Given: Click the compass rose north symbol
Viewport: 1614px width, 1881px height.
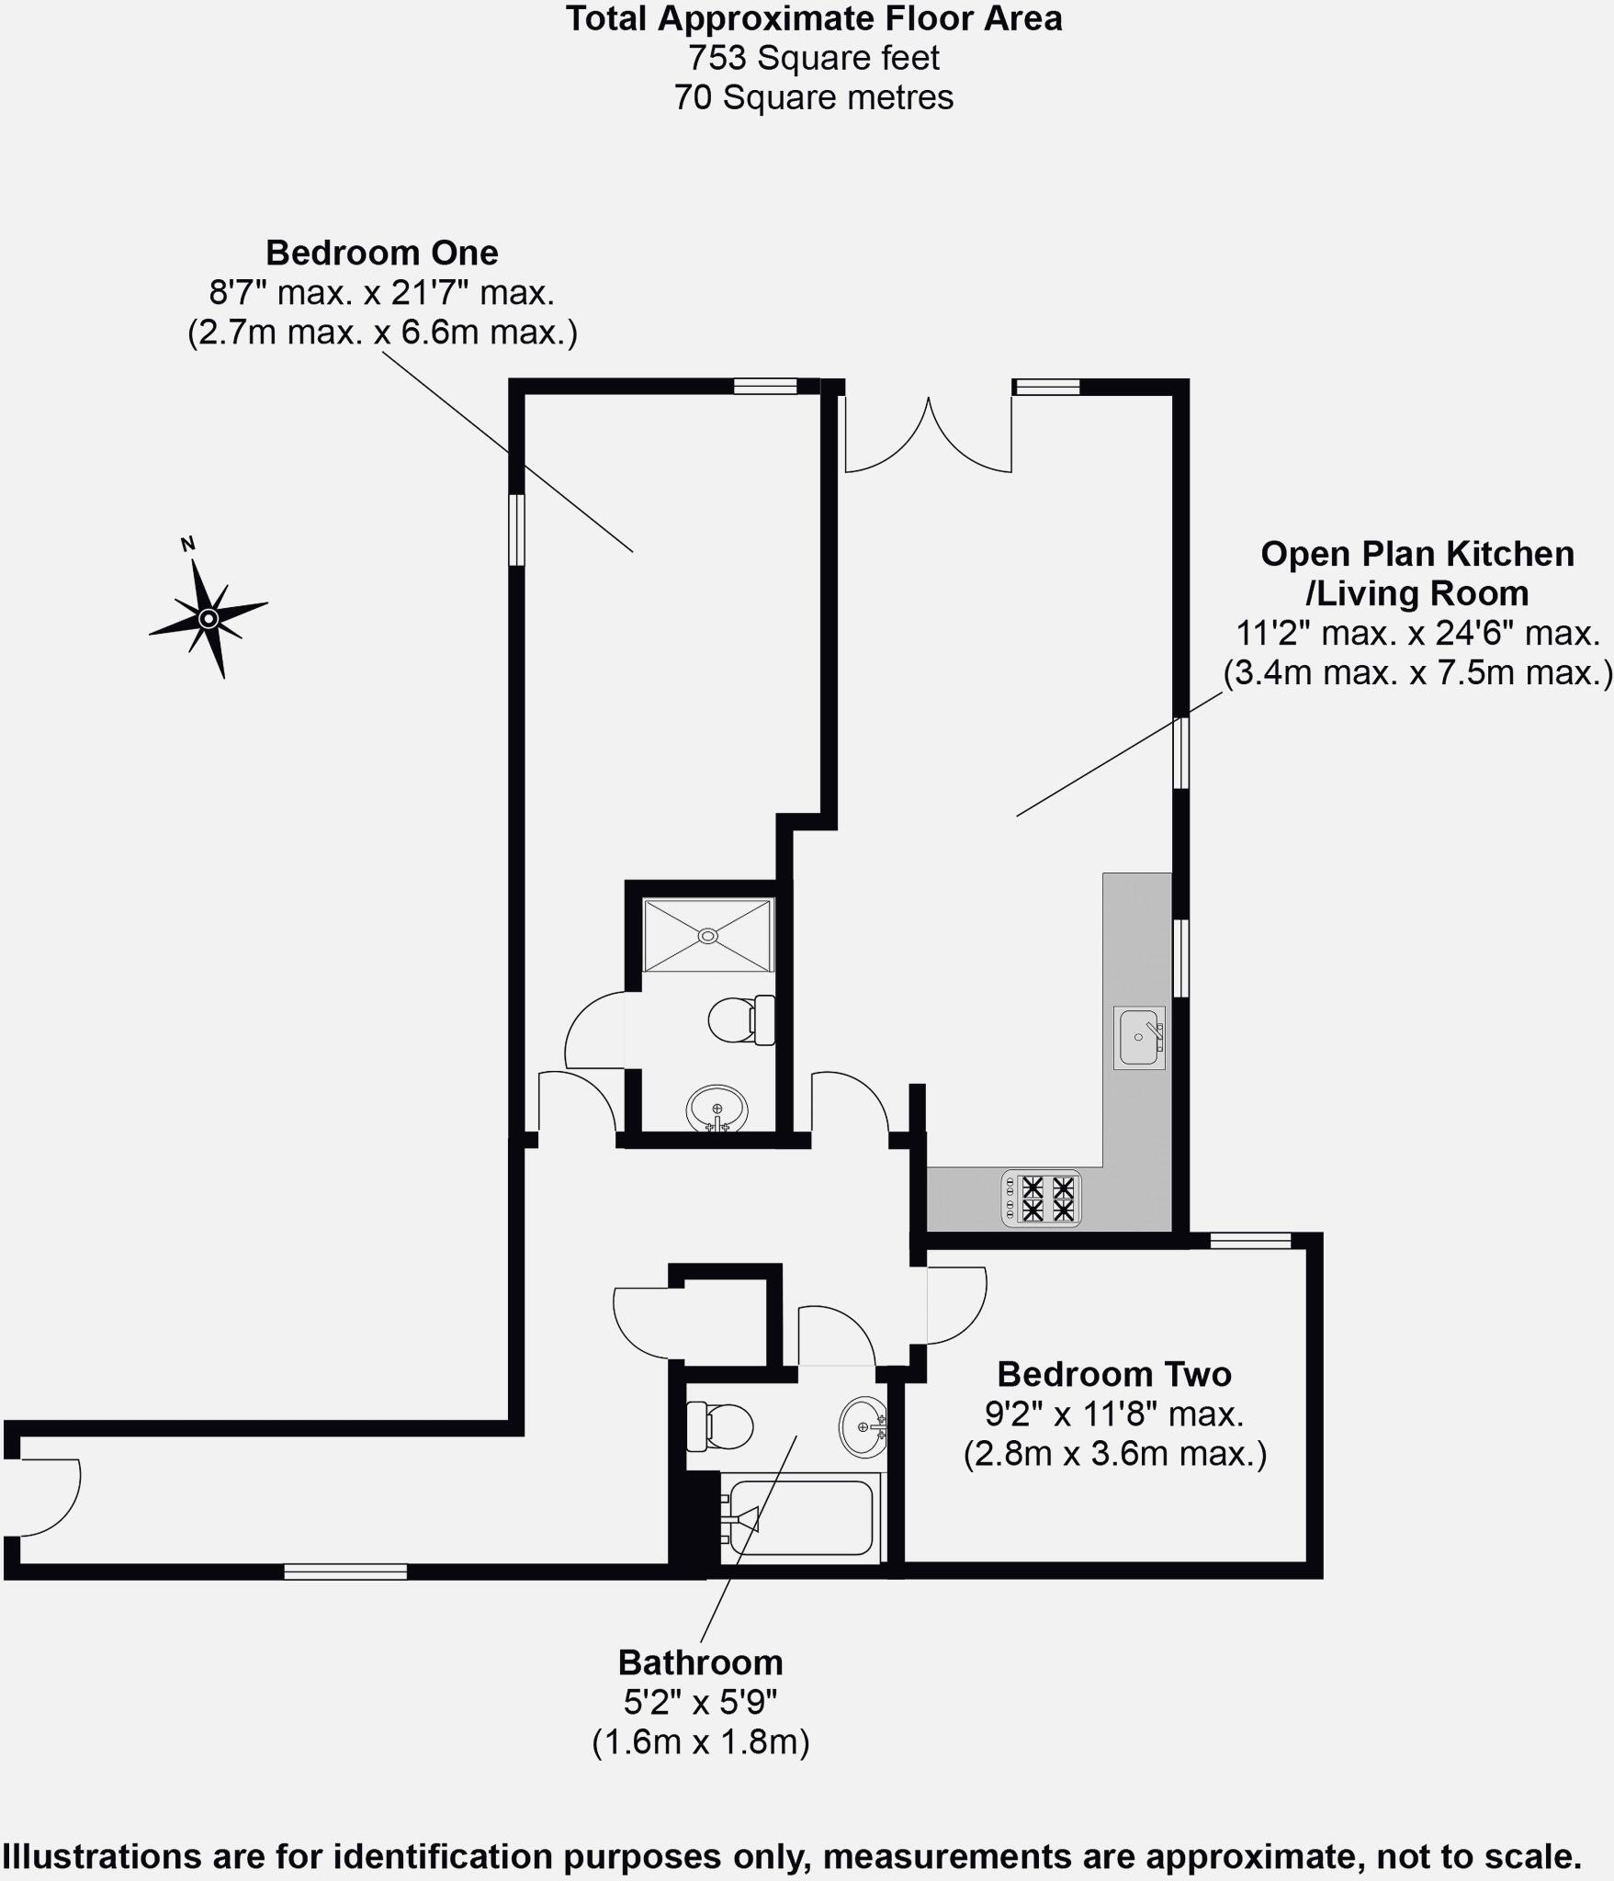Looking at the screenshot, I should (209, 617).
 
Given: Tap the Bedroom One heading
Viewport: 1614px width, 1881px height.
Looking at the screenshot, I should (381, 253).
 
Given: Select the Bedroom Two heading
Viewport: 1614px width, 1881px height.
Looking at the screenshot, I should (1113, 1374).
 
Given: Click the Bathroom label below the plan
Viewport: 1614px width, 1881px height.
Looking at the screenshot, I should (700, 1662).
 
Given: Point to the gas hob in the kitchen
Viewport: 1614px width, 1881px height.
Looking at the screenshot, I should (1042, 1199).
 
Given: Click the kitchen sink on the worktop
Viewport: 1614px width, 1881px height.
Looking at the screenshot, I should (1139, 1038).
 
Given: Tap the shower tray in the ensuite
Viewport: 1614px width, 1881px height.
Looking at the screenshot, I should (707, 935).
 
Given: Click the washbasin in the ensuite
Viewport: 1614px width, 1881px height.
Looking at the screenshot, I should (717, 1109).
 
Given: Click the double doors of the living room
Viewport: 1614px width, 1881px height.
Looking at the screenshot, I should (928, 436).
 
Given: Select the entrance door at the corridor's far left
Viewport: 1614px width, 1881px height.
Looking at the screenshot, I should (46, 1497).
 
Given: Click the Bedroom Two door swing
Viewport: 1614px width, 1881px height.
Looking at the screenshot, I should (955, 1304).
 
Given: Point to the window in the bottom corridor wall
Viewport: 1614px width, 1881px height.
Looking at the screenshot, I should (345, 1572).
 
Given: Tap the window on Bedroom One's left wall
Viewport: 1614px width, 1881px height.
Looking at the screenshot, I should (517, 530).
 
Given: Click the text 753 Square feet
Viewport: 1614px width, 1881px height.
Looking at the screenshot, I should (814, 58).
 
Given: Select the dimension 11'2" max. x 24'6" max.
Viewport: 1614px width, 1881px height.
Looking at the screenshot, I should (1417, 634).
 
